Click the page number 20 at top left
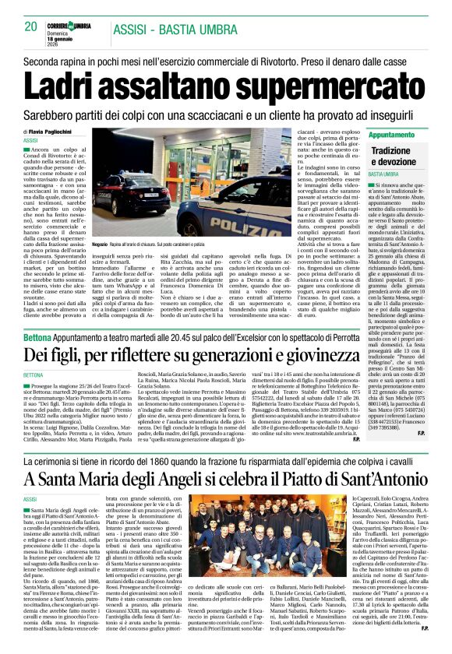click(31, 27)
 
